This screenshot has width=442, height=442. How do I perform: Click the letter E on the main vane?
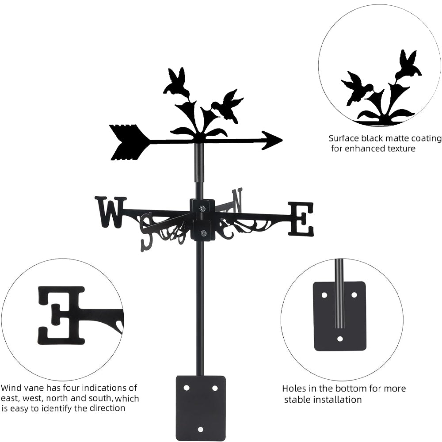point(301,218)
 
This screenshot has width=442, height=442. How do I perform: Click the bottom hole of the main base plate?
point(201,429)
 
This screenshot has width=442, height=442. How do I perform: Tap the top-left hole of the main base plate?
point(187,388)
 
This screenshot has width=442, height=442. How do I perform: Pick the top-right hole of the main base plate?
point(215,388)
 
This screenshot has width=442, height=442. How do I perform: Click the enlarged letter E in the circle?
point(62,315)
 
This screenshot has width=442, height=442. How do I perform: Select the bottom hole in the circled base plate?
point(340,339)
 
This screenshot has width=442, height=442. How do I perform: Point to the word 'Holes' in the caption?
point(295,389)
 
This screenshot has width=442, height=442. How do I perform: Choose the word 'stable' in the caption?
point(301,400)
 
